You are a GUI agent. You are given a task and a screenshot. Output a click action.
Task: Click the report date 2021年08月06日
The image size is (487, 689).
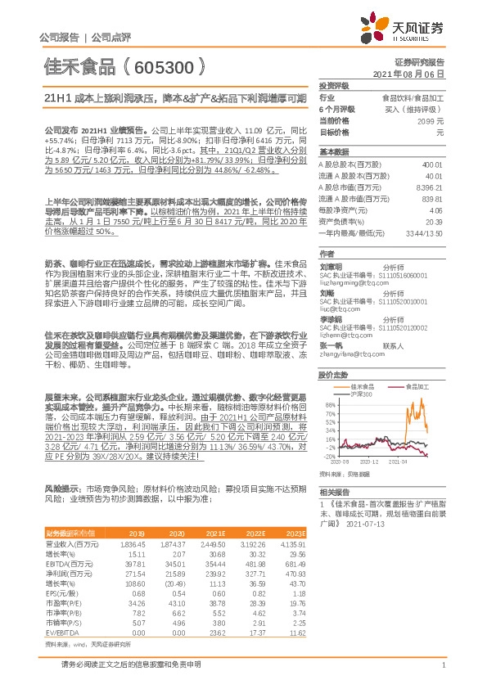(x=420, y=74)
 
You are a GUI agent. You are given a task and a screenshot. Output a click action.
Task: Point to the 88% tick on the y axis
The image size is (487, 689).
(x=330, y=406)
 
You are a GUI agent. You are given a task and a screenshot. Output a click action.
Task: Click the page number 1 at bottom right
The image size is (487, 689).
(x=442, y=665)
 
